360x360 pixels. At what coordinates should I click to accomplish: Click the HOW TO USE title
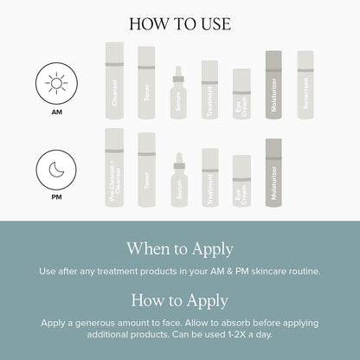pyautogui.click(x=180, y=23)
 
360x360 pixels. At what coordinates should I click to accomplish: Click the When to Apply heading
pyautogui.click(x=180, y=249)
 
